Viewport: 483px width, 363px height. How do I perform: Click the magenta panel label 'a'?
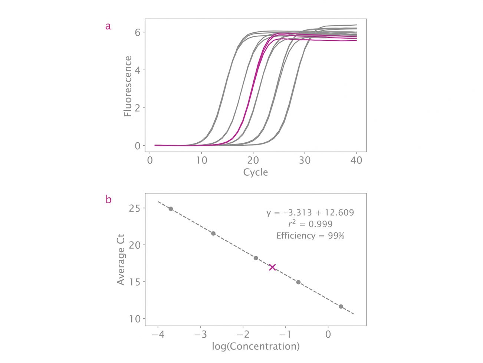(x=108, y=26)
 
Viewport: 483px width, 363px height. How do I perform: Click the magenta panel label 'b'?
(x=108, y=200)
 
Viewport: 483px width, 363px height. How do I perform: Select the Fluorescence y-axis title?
(x=128, y=86)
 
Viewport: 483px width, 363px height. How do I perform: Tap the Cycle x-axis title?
(x=255, y=172)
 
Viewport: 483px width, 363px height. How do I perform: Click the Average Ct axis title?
(x=121, y=259)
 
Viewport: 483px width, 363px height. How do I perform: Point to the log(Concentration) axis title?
(x=256, y=347)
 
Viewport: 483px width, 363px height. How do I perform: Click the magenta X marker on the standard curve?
(x=272, y=267)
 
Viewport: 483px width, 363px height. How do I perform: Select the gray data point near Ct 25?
(x=171, y=209)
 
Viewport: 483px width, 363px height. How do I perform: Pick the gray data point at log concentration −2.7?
(x=213, y=233)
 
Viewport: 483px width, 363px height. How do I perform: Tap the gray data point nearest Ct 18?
(x=256, y=258)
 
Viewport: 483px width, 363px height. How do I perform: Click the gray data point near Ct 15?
(x=298, y=282)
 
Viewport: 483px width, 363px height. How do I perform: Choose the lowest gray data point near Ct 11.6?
(x=341, y=307)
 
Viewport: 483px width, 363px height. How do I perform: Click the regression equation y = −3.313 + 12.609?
(x=310, y=213)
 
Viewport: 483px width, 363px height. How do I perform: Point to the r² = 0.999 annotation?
(x=310, y=224)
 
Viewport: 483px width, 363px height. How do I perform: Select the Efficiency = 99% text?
(x=310, y=236)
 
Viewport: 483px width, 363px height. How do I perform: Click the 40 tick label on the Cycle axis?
(x=356, y=160)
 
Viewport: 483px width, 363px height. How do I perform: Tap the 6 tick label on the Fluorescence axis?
(x=137, y=32)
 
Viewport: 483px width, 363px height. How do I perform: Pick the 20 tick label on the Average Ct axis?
(x=135, y=245)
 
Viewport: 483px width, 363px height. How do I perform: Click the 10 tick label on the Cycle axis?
(x=201, y=160)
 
